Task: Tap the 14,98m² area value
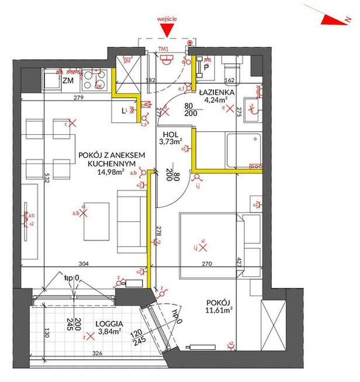pyautogui.click(x=111, y=172)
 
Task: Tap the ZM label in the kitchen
pyautogui.click(x=68, y=81)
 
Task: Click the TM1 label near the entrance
pyautogui.click(x=164, y=49)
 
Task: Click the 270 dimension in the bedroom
pyautogui.click(x=207, y=264)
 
